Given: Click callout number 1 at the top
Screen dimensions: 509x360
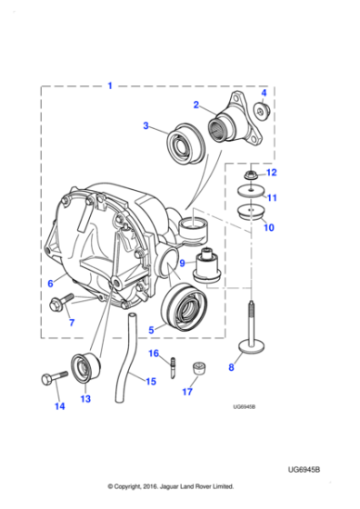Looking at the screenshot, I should click(110, 85).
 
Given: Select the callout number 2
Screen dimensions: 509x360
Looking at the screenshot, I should click(195, 105).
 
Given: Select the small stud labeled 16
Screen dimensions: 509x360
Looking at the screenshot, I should click(172, 368).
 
